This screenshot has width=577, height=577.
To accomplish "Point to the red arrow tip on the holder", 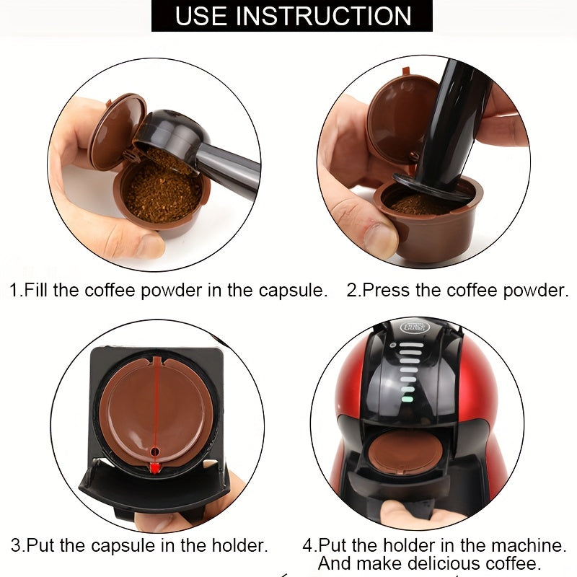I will pyautogui.click(x=154, y=468).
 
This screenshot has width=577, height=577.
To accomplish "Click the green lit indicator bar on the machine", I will pyautogui.click(x=408, y=397).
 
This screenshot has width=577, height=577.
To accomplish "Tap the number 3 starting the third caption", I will pyautogui.click(x=15, y=545).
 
